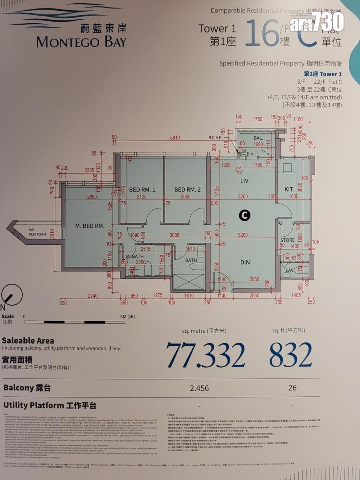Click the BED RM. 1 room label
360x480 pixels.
(142, 189)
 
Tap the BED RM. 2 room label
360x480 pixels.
(187, 189)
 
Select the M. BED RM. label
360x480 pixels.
(90, 226)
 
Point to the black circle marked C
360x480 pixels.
(244, 215)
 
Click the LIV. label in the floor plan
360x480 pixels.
(245, 181)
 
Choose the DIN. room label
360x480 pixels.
(246, 262)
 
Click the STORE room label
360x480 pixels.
(288, 240)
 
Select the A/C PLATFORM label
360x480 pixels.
(37, 232)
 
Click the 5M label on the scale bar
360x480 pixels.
(129, 316)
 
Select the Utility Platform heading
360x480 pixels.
(50, 405)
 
